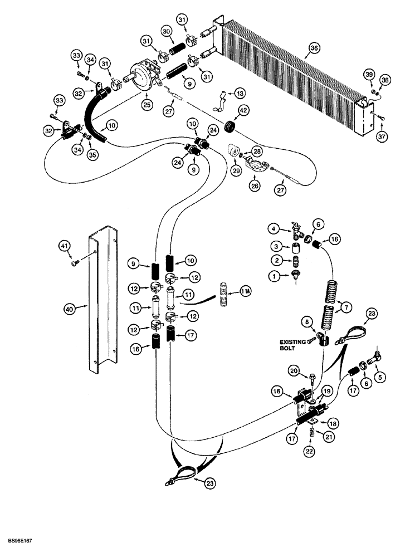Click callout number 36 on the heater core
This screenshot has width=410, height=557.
pos(314,49)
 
